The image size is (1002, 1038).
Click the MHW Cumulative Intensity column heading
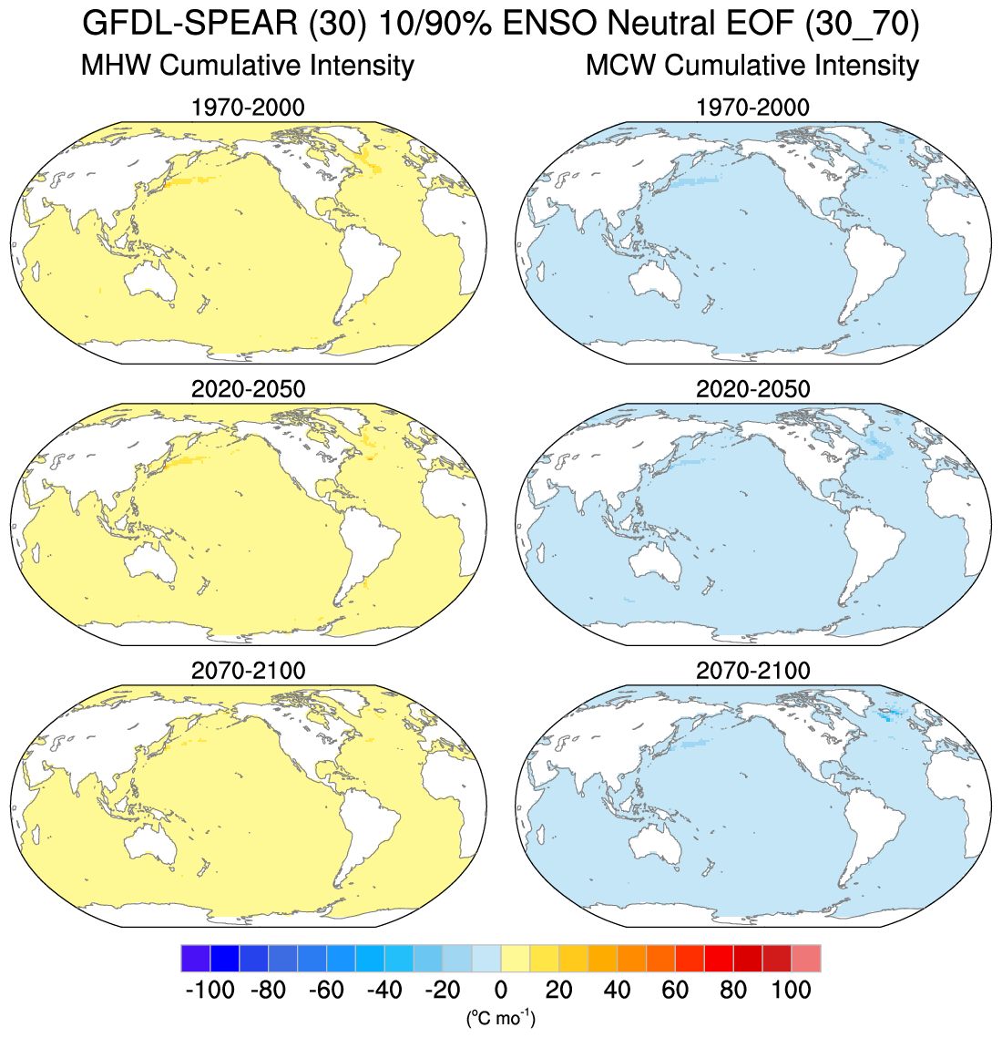coord(248,66)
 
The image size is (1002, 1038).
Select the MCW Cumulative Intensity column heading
coord(752,66)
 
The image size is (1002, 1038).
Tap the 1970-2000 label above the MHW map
coord(248,108)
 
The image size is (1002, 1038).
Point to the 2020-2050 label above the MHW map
coord(248,389)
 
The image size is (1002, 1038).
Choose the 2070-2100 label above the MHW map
coord(248,671)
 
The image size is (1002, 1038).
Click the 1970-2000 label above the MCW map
coord(752,108)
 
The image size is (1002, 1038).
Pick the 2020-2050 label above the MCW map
coord(752,389)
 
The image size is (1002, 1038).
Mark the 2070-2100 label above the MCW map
coord(752,671)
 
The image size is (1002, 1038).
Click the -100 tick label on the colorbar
coord(210,990)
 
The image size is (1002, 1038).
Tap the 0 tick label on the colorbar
coord(500,990)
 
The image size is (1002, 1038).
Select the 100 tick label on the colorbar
coord(791,990)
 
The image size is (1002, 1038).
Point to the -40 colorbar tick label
coord(383,990)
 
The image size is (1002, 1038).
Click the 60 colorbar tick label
coord(675,990)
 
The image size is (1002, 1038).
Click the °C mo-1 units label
coord(500,1017)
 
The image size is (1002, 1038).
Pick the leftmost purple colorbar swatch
coord(195,959)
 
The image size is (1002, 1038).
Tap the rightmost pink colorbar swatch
coord(806,959)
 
